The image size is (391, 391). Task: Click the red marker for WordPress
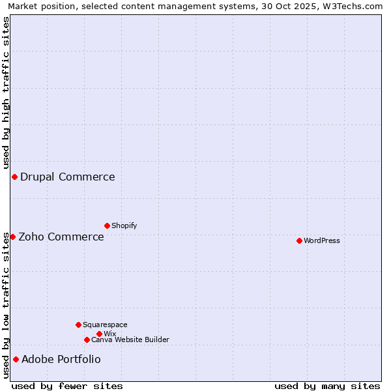299,240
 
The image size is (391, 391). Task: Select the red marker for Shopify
107,225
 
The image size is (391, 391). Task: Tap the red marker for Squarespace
78,325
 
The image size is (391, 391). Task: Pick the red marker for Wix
99,334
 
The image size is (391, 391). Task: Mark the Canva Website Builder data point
87,340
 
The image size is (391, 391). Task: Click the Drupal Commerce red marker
14,177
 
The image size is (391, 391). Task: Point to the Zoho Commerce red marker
12,237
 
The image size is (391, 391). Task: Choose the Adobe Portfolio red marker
16,359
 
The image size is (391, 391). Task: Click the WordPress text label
322,240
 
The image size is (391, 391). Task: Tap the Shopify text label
124,225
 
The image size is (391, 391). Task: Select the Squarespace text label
105,325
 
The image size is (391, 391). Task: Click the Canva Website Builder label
130,340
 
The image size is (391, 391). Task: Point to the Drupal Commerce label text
68,177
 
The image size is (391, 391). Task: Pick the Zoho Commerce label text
61,237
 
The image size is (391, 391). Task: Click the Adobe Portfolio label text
61,359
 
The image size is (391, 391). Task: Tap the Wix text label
110,334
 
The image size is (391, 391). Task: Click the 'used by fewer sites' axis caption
67,386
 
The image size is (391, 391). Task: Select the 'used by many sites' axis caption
327,386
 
